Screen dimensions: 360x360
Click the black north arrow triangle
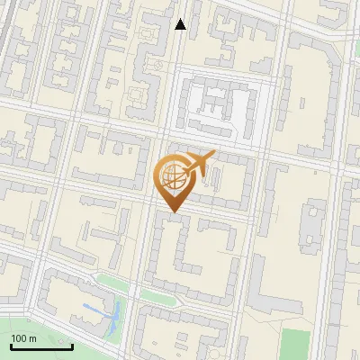point(181,24)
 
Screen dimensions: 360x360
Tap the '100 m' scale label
point(23,338)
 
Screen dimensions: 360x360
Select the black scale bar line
point(41,346)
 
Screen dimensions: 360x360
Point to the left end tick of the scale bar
point(11,345)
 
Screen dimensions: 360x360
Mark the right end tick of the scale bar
point(72,345)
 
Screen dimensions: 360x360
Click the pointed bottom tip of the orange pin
point(172,211)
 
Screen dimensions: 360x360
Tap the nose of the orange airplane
point(214,154)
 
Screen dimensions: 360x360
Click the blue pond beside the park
point(116,316)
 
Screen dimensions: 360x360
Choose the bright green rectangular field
point(294,345)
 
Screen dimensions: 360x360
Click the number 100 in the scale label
point(19,338)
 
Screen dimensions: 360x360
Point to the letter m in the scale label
point(31,338)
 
